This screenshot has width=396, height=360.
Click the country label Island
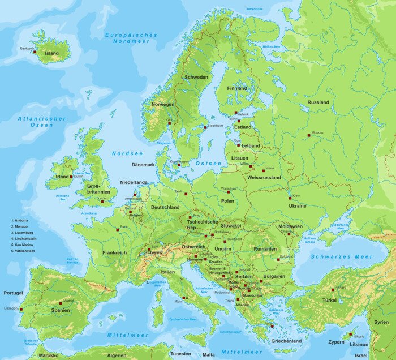(x=51, y=53)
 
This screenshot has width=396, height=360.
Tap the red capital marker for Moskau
(x=309, y=135)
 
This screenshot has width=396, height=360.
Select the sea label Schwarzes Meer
(x=341, y=256)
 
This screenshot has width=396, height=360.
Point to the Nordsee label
(x=127, y=153)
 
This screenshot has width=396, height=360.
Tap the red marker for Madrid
(x=61, y=303)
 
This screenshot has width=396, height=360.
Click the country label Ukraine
(x=298, y=206)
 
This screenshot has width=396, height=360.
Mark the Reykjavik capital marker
(x=35, y=52)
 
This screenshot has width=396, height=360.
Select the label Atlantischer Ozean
(x=42, y=121)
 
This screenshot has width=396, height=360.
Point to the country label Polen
(x=227, y=201)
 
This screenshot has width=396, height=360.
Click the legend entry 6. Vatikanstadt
(x=23, y=250)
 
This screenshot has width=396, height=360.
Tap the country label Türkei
(x=329, y=300)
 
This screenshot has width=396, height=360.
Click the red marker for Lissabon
(x=21, y=309)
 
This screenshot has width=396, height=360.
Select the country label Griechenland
(x=286, y=341)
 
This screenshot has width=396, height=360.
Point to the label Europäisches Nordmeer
(x=131, y=38)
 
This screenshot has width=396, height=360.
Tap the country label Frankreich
(x=114, y=252)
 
